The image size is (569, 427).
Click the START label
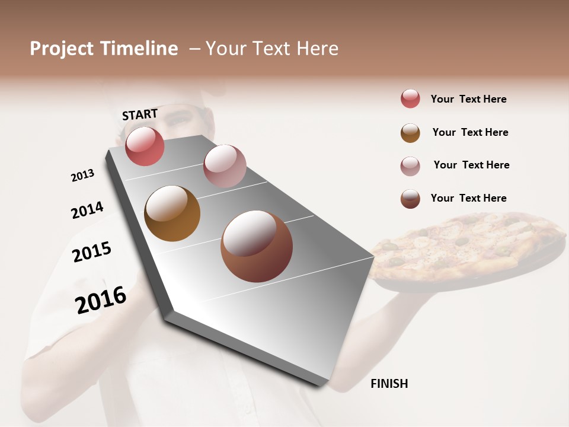(x=140, y=114)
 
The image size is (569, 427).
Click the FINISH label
(x=389, y=384)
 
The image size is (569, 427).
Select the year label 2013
(x=82, y=176)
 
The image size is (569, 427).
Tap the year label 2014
(x=87, y=211)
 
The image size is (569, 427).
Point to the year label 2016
(x=101, y=299)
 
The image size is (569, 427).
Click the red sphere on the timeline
(x=145, y=146)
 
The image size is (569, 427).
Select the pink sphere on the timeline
(x=224, y=165)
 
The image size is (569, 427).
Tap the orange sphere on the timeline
(x=172, y=213)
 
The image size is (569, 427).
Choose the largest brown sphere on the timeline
(x=256, y=246)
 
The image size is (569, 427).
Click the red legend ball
(x=410, y=99)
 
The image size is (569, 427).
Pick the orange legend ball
(x=410, y=133)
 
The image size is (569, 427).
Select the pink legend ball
(x=410, y=166)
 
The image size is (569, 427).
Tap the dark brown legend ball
(x=410, y=199)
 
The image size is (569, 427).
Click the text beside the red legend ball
(x=468, y=99)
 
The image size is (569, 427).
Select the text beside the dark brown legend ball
(x=468, y=198)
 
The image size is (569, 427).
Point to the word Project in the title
(x=62, y=49)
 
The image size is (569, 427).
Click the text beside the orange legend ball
(x=470, y=132)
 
